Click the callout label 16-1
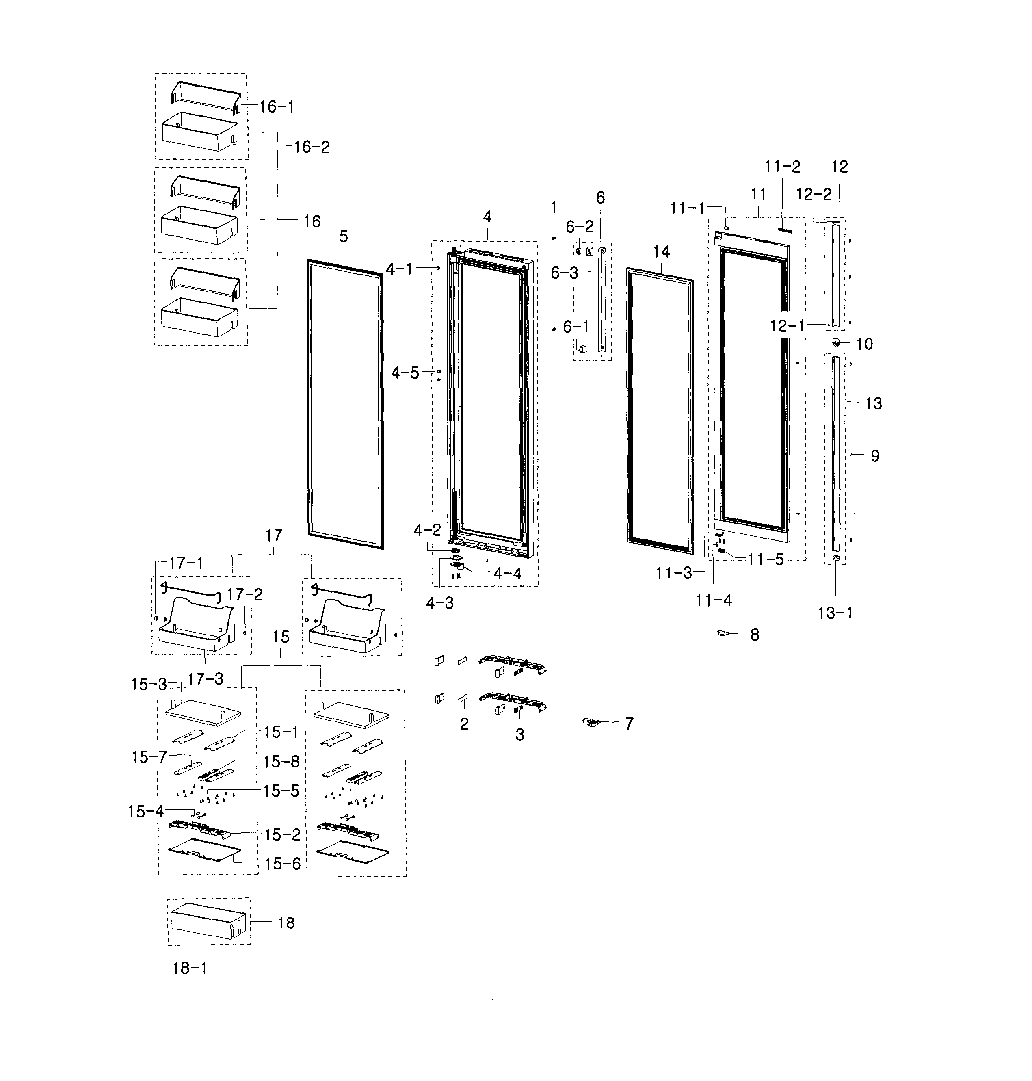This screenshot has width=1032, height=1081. tap(277, 107)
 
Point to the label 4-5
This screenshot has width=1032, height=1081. tap(405, 373)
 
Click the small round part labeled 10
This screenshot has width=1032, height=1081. tap(836, 342)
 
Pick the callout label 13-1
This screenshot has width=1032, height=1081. tap(835, 613)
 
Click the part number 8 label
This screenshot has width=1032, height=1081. tap(755, 635)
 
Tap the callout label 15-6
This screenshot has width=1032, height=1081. tap(283, 864)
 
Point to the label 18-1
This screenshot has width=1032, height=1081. tap(190, 968)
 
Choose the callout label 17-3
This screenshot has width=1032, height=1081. tap(205, 679)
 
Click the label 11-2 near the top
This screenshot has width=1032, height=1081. tap(782, 166)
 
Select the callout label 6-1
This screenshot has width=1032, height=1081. tap(575, 327)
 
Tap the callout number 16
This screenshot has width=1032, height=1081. tap(312, 222)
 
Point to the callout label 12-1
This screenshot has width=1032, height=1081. tap(787, 326)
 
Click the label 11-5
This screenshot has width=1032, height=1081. tap(765, 559)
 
